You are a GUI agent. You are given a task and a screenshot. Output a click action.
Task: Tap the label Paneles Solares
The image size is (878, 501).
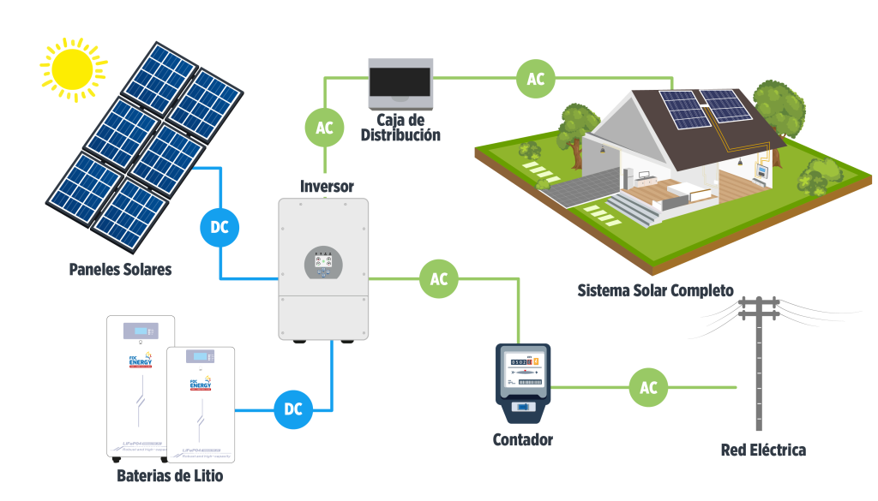120,270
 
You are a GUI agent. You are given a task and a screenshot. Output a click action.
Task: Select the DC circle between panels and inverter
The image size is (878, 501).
220,228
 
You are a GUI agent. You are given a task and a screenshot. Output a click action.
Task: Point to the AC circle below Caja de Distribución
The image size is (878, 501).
324,128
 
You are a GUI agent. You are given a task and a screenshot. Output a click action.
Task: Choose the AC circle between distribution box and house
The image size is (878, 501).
535,79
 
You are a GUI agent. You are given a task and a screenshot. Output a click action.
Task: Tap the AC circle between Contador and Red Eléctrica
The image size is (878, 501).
648,388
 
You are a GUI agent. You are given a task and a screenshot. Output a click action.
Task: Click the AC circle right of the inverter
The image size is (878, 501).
438,279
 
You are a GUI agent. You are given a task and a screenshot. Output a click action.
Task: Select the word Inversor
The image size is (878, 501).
327,186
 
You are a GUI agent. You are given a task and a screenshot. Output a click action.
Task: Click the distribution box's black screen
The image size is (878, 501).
399,83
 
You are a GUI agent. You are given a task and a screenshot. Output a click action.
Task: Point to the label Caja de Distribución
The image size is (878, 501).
400,128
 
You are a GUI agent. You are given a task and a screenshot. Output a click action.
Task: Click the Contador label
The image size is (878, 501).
522,440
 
